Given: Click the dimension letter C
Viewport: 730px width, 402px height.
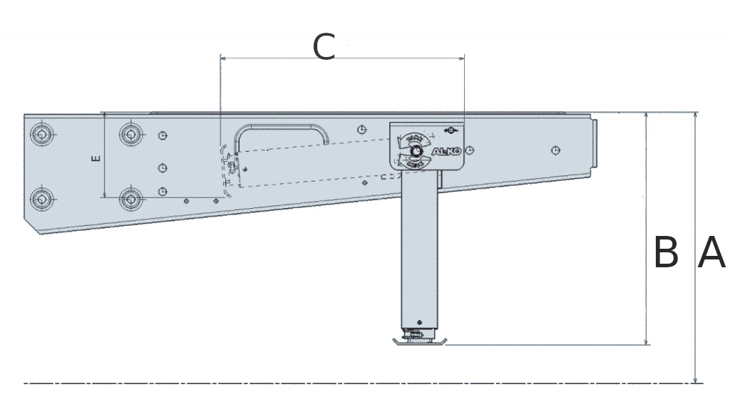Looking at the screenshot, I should (x=324, y=47).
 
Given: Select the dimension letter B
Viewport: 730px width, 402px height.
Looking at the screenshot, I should (x=666, y=253).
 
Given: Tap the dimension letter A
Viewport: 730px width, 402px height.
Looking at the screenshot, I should (x=711, y=253).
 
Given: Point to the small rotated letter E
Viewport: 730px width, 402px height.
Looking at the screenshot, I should (x=96, y=158).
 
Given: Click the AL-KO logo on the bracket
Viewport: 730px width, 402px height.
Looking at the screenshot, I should (x=446, y=151).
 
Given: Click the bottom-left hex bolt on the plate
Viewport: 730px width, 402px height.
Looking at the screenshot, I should (x=43, y=198).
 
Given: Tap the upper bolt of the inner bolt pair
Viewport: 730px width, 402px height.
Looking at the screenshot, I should (x=130, y=133).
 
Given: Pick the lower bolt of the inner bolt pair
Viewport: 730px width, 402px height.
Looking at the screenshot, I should (x=130, y=198).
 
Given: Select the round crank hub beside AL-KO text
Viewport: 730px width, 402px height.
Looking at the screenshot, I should (x=415, y=150).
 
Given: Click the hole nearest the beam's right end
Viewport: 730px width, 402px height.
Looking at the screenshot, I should (x=556, y=150).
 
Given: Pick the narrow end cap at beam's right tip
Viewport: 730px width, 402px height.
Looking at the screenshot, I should (x=594, y=146).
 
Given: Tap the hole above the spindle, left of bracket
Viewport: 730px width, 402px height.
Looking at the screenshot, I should (x=362, y=129).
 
